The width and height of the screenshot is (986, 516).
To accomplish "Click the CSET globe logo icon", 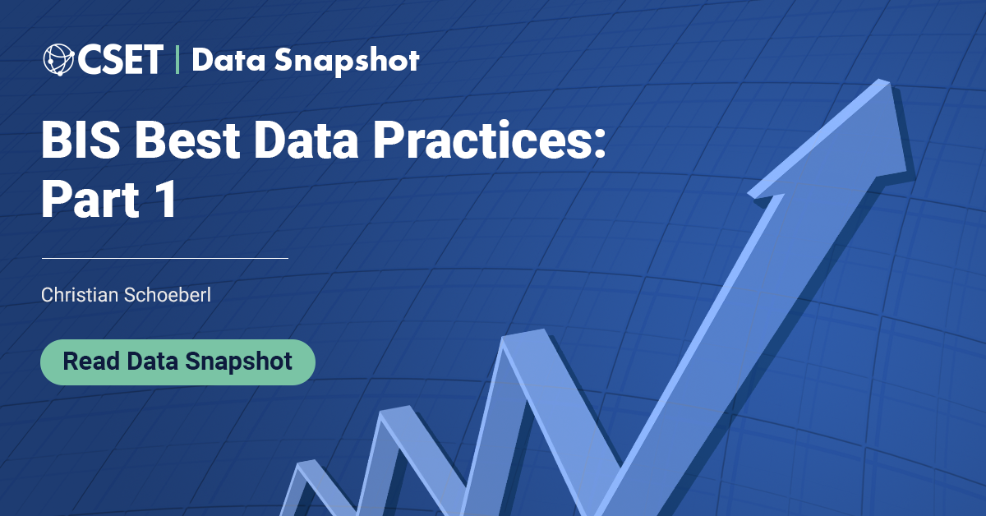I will (59, 60).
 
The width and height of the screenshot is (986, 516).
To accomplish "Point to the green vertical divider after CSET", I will (177, 60).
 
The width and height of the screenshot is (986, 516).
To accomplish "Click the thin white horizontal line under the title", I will (164, 258).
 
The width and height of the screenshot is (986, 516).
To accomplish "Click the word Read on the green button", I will (91, 362).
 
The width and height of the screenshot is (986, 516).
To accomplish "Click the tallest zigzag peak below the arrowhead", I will (526, 335).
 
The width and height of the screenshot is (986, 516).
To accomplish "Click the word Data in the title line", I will (313, 141).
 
